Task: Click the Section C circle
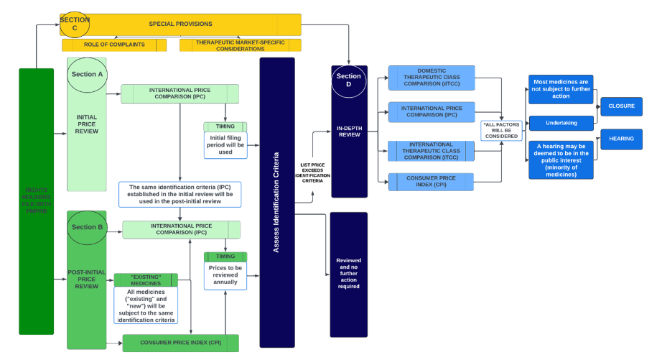75,24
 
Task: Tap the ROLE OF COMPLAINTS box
113,45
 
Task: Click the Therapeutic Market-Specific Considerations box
240,45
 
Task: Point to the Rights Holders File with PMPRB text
36,201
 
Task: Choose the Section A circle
86,74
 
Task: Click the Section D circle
349,80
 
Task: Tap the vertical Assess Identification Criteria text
276,203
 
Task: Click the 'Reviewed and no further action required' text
348,273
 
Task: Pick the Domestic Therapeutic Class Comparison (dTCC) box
430,78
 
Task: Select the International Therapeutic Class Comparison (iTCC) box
430,151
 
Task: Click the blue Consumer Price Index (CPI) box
430,182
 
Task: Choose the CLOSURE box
621,107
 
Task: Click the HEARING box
621,139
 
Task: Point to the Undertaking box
562,123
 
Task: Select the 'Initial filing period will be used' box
225,145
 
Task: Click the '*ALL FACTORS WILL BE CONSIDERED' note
500,131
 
